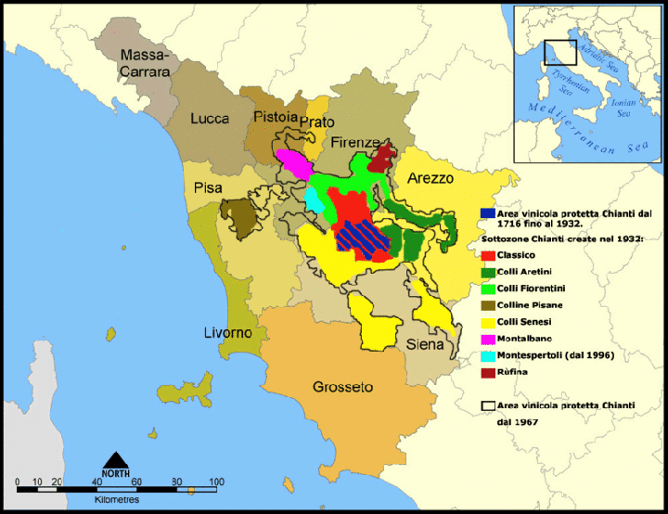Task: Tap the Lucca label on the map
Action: (x=210, y=119)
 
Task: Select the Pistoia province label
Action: (x=275, y=117)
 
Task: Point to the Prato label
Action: (x=317, y=122)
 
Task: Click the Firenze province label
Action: (x=355, y=143)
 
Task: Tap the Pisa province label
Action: (x=208, y=188)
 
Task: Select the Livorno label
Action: (x=227, y=332)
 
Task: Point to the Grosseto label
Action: (x=342, y=386)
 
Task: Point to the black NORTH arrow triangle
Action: (x=115, y=459)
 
